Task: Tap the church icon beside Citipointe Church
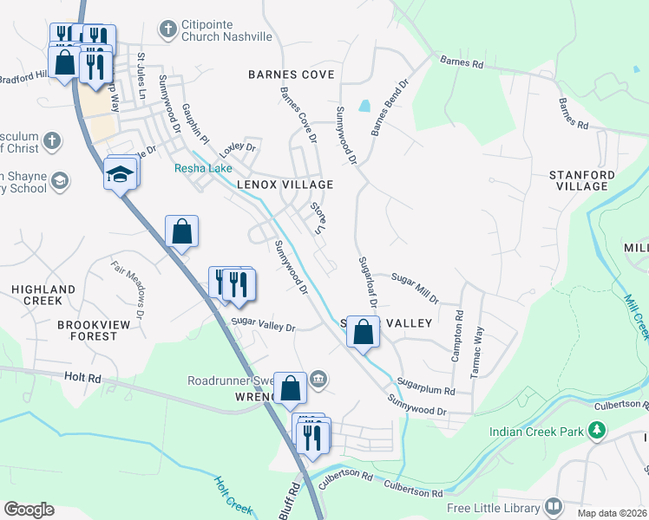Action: [x=167, y=30]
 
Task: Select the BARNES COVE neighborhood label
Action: [x=291, y=75]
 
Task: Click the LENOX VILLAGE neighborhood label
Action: [x=285, y=185]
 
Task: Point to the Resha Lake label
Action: [x=203, y=168]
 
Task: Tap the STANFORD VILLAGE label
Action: [x=582, y=180]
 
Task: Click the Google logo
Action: [x=29, y=510]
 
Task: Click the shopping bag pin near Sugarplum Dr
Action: [x=364, y=331]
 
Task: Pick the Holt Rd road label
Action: [x=82, y=378]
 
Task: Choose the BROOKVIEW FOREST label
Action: [x=87, y=329]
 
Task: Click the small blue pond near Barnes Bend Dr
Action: [x=364, y=106]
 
